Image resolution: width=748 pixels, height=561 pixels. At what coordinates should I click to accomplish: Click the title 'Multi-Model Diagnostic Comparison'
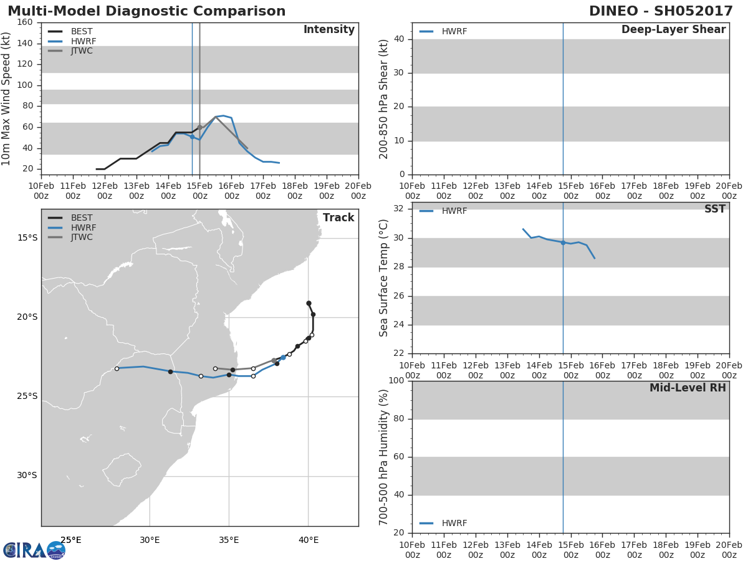pyautogui.click(x=146, y=11)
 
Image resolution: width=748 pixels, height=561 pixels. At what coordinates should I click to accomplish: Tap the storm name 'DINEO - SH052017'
pyautogui.click(x=661, y=11)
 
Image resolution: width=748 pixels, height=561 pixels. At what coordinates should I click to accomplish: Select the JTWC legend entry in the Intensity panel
pyautogui.click(x=70, y=50)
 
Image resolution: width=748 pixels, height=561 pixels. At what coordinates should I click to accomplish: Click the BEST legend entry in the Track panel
pyautogui.click(x=70, y=218)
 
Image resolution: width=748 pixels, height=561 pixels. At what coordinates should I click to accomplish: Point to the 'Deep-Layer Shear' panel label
pyautogui.click(x=673, y=29)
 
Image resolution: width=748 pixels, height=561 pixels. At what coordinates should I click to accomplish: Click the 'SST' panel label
pyautogui.click(x=715, y=209)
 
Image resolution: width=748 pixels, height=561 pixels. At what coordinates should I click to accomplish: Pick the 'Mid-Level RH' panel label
pyautogui.click(x=688, y=388)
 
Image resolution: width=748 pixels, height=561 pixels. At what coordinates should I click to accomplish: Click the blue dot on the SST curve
pyautogui.click(x=563, y=243)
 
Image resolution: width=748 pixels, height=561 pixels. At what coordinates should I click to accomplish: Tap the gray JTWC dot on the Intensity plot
pyautogui.click(x=199, y=127)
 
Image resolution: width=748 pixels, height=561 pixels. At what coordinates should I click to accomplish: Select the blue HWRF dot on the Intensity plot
pyautogui.click(x=192, y=137)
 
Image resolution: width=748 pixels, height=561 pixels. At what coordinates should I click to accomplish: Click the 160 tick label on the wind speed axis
pyautogui.click(x=24, y=22)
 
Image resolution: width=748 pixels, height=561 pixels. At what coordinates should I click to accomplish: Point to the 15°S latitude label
pyautogui.click(x=27, y=237)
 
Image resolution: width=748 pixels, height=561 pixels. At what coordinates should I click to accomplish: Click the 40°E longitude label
pyautogui.click(x=309, y=540)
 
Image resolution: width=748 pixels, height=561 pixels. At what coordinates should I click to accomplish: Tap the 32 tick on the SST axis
pyautogui.click(x=399, y=208)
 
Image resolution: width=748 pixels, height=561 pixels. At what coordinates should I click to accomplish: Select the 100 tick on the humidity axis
pyautogui.click(x=396, y=380)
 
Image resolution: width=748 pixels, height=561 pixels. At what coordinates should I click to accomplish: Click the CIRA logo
pyautogui.click(x=34, y=550)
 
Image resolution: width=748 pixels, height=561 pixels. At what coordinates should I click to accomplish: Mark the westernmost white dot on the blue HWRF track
pyautogui.click(x=117, y=369)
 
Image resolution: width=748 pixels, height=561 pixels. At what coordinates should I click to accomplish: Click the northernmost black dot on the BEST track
pyautogui.click(x=309, y=303)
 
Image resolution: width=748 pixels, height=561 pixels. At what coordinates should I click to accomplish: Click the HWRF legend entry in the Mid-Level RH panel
pyautogui.click(x=443, y=523)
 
